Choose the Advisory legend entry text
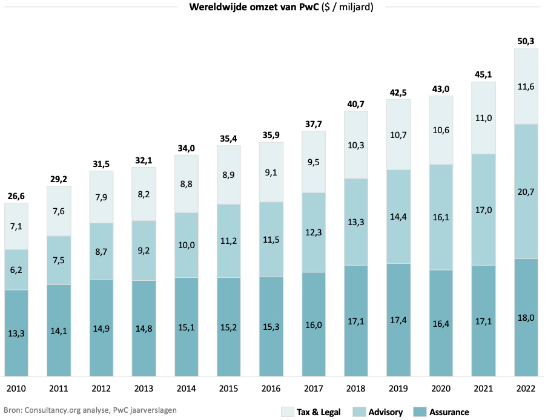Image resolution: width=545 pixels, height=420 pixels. point(385,412)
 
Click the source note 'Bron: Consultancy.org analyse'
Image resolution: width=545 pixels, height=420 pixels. point(90,410)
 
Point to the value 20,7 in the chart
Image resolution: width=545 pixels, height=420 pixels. point(526,191)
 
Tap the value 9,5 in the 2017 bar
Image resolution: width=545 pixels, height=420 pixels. point(314,162)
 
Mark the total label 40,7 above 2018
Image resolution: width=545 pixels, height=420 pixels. point(356,103)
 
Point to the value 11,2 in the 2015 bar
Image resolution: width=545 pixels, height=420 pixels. point(229,240)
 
